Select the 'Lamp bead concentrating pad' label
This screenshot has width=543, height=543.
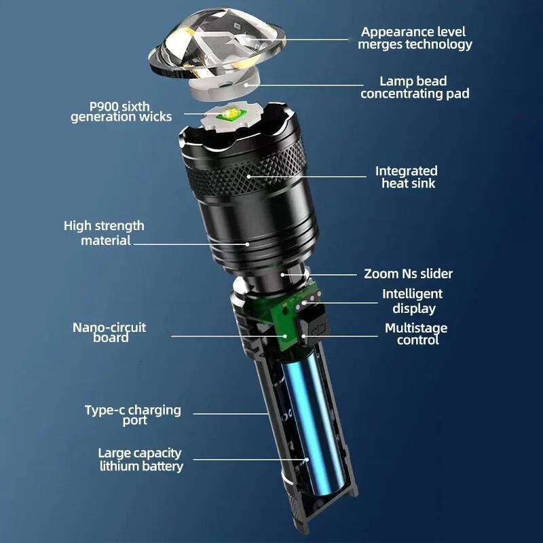[414, 88]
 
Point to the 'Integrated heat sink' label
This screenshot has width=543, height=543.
[406, 176]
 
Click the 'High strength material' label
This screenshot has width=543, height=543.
[105, 233]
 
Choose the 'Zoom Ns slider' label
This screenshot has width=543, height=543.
[408, 274]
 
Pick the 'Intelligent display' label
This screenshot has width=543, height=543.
[412, 301]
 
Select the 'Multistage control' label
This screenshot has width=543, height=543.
[416, 334]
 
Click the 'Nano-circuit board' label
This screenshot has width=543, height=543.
[109, 332]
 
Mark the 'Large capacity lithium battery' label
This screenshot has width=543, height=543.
[141, 460]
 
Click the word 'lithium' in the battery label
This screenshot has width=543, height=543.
[120, 466]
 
